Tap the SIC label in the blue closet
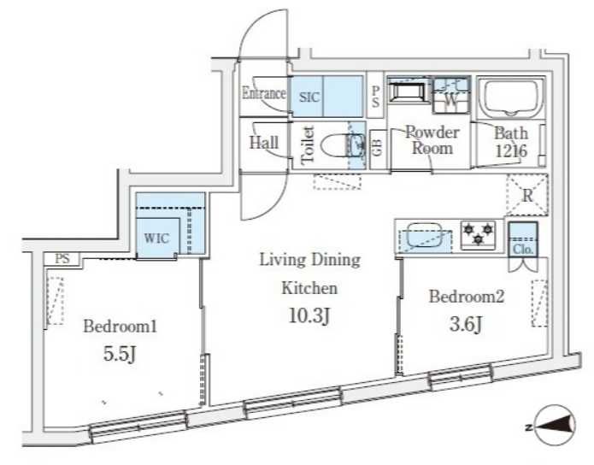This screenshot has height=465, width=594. [x=309, y=97]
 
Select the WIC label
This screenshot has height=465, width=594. [x=156, y=238]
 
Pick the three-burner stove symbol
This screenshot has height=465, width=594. [x=479, y=234]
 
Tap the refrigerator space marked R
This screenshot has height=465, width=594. [x=527, y=195]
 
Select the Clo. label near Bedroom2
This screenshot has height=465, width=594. [x=523, y=250]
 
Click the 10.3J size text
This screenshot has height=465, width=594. [x=309, y=315]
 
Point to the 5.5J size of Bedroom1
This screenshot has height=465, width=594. [x=120, y=354]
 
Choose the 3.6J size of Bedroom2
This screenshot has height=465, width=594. [x=466, y=324]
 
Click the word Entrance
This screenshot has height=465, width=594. [x=264, y=93]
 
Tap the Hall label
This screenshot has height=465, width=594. [x=264, y=143]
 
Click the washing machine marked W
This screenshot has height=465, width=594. [x=450, y=95]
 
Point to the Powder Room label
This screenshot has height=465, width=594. [x=432, y=140]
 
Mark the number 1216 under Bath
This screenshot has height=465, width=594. [x=511, y=150]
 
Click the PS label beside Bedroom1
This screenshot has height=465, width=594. [x=62, y=259]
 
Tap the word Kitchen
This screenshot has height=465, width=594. [x=309, y=288]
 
